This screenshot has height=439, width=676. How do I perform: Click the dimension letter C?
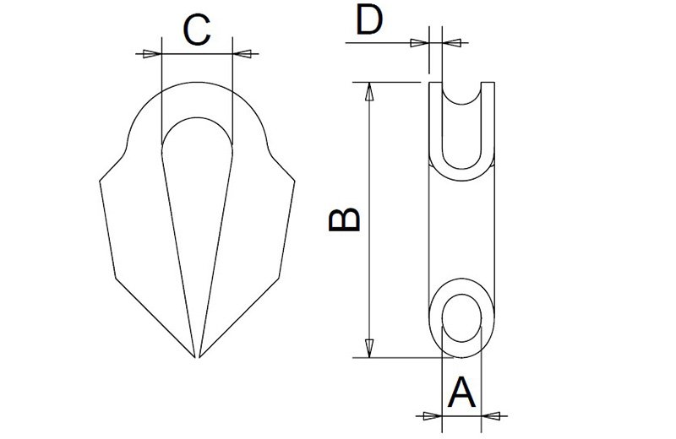(196, 31)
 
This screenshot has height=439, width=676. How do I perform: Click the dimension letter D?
(369, 19)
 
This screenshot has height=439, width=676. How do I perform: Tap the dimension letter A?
(461, 393)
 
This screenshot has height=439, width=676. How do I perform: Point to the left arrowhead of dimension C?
(150, 54)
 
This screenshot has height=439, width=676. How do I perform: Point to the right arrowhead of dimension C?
(242, 54)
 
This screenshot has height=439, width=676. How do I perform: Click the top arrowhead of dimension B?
(368, 91)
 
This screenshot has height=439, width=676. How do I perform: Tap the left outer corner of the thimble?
(101, 179)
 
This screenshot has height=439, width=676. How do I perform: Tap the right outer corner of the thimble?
(295, 179)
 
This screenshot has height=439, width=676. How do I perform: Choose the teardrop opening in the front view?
(196, 186)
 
